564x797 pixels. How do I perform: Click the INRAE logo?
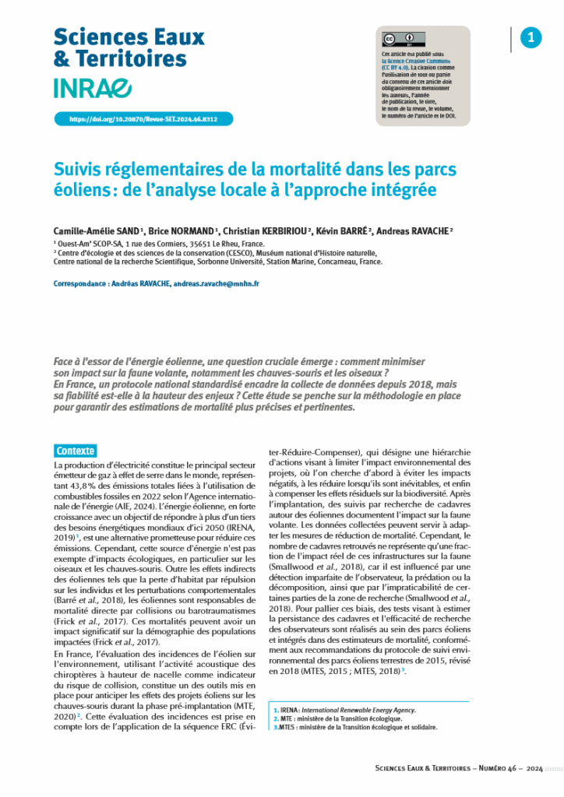(93, 89)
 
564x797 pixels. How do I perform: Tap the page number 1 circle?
(531, 37)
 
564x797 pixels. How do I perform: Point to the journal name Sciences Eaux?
(129, 37)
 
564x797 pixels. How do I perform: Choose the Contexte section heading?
(76, 451)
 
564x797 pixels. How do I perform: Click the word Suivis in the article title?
(83, 170)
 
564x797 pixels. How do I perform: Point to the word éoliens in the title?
(80, 190)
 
